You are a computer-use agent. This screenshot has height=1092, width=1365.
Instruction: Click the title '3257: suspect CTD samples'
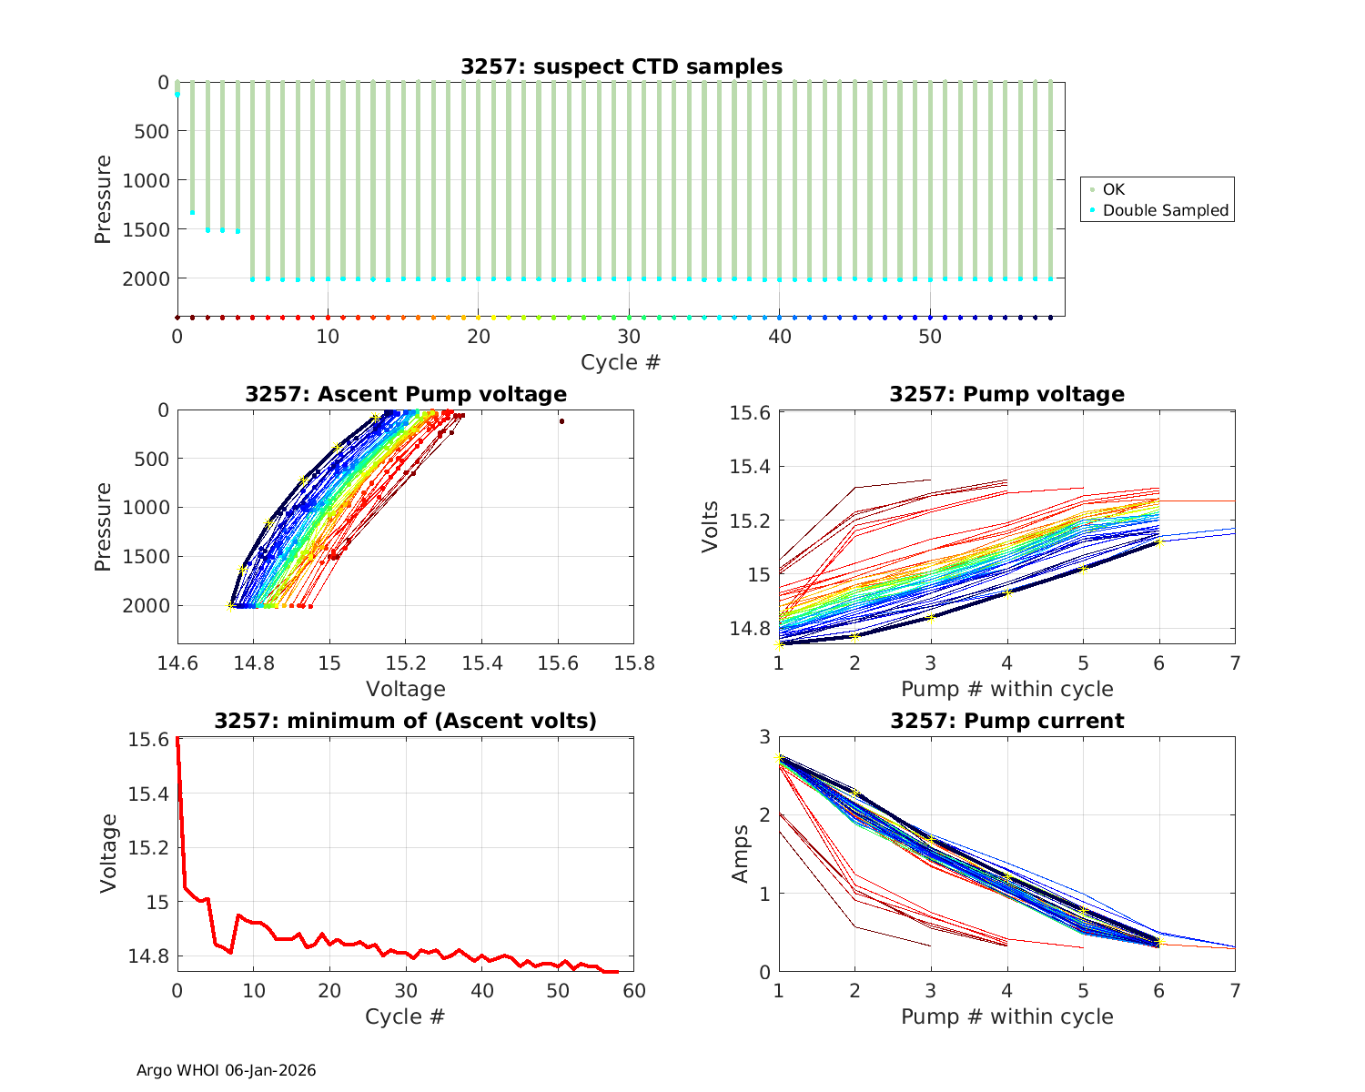pyautogui.click(x=622, y=66)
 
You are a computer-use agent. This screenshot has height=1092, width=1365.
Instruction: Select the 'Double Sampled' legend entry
pyautogui.click(x=1166, y=210)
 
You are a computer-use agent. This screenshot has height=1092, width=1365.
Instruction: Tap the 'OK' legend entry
pyautogui.click(x=1114, y=189)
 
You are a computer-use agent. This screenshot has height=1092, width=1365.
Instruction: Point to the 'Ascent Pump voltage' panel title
pyautogui.click(x=406, y=394)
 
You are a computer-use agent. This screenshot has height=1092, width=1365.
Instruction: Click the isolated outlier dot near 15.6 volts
pyautogui.click(x=561, y=421)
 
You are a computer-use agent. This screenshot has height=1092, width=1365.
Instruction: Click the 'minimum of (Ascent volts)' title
pyautogui.click(x=406, y=721)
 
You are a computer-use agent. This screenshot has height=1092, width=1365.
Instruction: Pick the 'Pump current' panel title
pyautogui.click(x=1007, y=721)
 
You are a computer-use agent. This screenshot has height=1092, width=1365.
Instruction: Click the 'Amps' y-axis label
pyautogui.click(x=741, y=854)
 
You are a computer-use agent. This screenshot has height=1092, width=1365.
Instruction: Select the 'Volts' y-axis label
pyautogui.click(x=711, y=527)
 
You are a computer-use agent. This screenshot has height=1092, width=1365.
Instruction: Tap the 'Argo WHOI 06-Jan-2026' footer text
pyautogui.click(x=227, y=1070)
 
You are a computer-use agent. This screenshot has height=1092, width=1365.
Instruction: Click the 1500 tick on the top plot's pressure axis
pyautogui.click(x=146, y=229)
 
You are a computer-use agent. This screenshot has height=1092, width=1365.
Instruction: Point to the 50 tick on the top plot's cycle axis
pyautogui.click(x=930, y=337)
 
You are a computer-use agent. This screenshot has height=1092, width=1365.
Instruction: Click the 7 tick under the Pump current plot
pyautogui.click(x=1235, y=989)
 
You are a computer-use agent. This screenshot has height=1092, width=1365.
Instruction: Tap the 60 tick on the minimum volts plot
pyautogui.click(x=634, y=989)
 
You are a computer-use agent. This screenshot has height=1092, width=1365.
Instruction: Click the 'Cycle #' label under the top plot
pyautogui.click(x=622, y=362)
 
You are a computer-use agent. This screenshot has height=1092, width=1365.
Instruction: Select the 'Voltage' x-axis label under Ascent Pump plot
pyautogui.click(x=406, y=689)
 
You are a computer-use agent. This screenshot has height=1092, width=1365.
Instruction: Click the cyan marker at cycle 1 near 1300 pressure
pyautogui.click(x=192, y=212)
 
